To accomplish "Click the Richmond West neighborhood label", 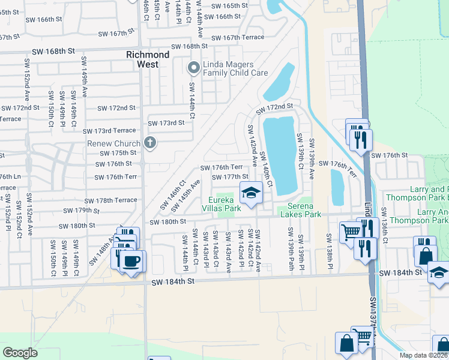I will point(148,59).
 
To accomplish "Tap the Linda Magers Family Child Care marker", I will point(193,68).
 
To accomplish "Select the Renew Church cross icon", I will point(150,143).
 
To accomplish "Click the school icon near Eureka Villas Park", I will point(251,193).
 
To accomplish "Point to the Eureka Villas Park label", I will point(224,204).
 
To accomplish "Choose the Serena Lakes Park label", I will point(300,210).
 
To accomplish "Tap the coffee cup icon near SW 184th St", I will point(131,261).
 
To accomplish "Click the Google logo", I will point(20,353).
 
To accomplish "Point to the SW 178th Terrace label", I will point(110,200).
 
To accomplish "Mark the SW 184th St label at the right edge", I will point(406,273).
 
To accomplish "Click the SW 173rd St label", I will point(167,123).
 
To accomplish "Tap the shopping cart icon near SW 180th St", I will point(349,232).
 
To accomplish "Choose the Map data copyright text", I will point(423,355).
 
